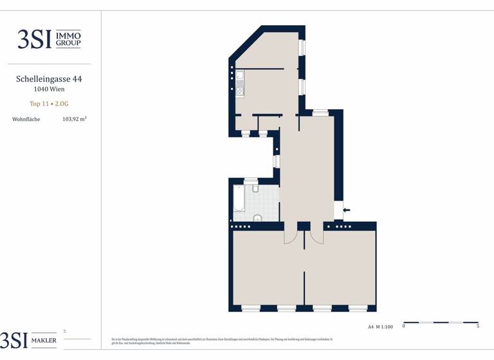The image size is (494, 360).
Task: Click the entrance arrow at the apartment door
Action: tap(347, 210)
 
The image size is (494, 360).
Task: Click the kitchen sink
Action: tap(239, 79)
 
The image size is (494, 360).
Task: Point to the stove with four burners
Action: tap(239, 91)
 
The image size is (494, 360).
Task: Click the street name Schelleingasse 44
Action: tap(49, 79)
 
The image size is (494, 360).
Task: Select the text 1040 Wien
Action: tap(49, 90)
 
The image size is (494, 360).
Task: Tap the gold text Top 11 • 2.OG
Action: tap(49, 104)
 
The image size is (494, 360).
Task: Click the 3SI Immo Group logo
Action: tap(49, 39)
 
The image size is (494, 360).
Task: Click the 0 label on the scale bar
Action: tap(404, 327)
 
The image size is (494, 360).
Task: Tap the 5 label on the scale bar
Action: tap(477, 327)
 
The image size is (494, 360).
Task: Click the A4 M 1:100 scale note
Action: tap(380, 327)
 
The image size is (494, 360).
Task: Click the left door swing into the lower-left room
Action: tap(291, 235)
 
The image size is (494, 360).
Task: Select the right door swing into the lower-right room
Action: tap(316, 235)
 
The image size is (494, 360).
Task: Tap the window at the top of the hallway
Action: tap(320, 113)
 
